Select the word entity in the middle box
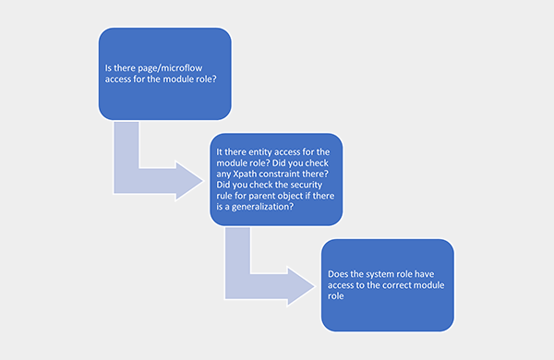(x=260, y=152)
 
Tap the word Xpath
(x=244, y=174)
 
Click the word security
(x=304, y=186)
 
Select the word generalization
(x=262, y=207)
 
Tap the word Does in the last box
(x=337, y=274)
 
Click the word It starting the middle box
(x=220, y=152)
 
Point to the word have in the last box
(x=425, y=274)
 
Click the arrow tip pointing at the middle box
(x=203, y=181)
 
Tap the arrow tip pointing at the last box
(x=315, y=286)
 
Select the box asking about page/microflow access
(x=165, y=74)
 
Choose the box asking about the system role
(x=388, y=285)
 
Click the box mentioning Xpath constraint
(x=276, y=179)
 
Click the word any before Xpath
(x=223, y=174)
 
